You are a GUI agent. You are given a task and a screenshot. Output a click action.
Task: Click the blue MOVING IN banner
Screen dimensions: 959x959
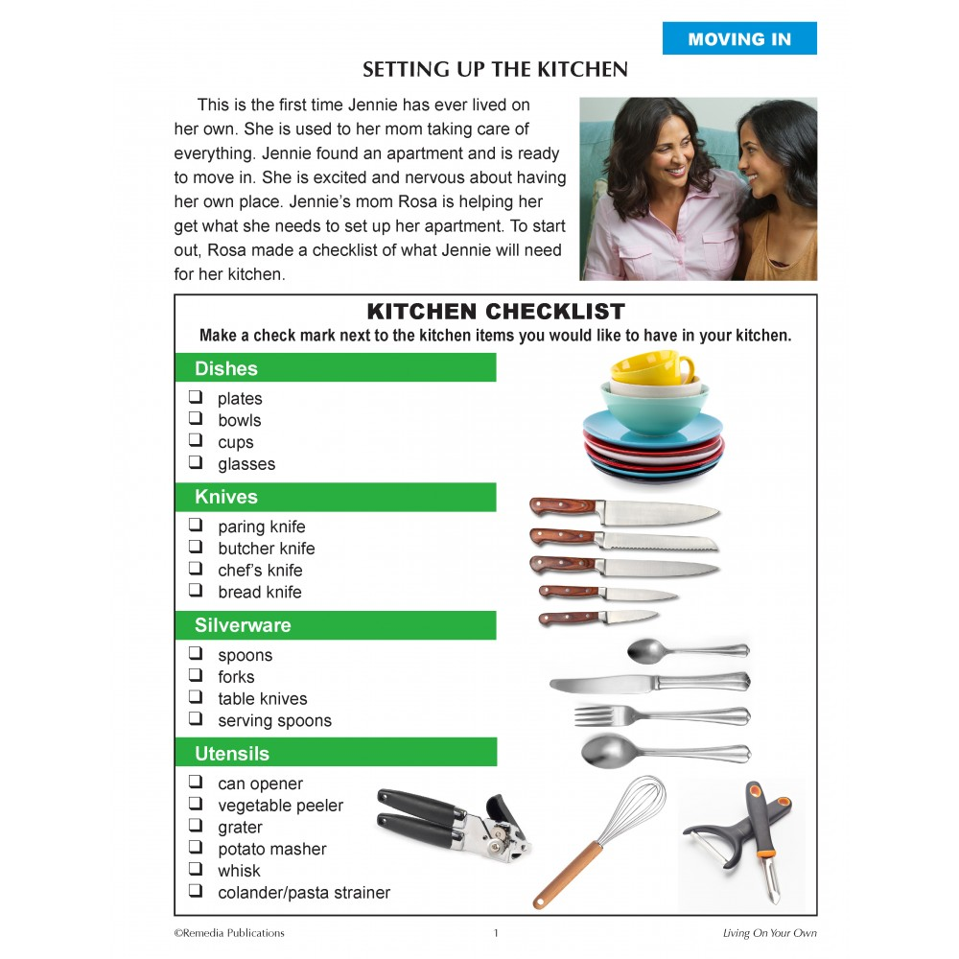pyautogui.click(x=739, y=39)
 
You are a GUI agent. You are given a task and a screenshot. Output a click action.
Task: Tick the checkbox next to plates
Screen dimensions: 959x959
pyautogui.click(x=196, y=397)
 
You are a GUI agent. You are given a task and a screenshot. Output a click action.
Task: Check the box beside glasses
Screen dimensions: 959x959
pyautogui.click(x=196, y=462)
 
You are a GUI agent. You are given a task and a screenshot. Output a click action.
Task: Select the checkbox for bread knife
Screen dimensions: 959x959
pyautogui.click(x=196, y=591)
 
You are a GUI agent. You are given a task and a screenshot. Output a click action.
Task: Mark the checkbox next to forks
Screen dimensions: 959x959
pyautogui.click(x=196, y=675)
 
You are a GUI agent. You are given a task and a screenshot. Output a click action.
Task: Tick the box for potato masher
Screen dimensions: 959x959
pyautogui.click(x=196, y=848)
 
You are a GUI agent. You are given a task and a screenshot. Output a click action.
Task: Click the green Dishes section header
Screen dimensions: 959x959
pyautogui.click(x=335, y=368)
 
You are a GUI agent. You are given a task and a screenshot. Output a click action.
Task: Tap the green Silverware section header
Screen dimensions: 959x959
pyautogui.click(x=335, y=625)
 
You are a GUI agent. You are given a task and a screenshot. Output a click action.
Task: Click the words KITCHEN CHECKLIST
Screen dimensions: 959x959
pyautogui.click(x=496, y=312)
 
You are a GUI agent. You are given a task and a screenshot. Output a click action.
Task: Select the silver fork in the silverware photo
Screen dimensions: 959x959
pyautogui.click(x=662, y=715)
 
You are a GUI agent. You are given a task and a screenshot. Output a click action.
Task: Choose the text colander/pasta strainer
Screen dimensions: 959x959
pyautogui.click(x=303, y=893)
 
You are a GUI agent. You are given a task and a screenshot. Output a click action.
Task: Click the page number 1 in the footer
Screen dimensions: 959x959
pyautogui.click(x=496, y=933)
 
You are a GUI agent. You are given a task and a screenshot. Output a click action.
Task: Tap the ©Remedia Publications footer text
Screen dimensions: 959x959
pyautogui.click(x=229, y=933)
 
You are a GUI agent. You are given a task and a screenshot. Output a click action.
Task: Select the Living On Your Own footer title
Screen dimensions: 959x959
pyautogui.click(x=769, y=933)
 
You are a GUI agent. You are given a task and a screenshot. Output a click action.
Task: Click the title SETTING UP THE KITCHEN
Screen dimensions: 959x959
pyautogui.click(x=495, y=70)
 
